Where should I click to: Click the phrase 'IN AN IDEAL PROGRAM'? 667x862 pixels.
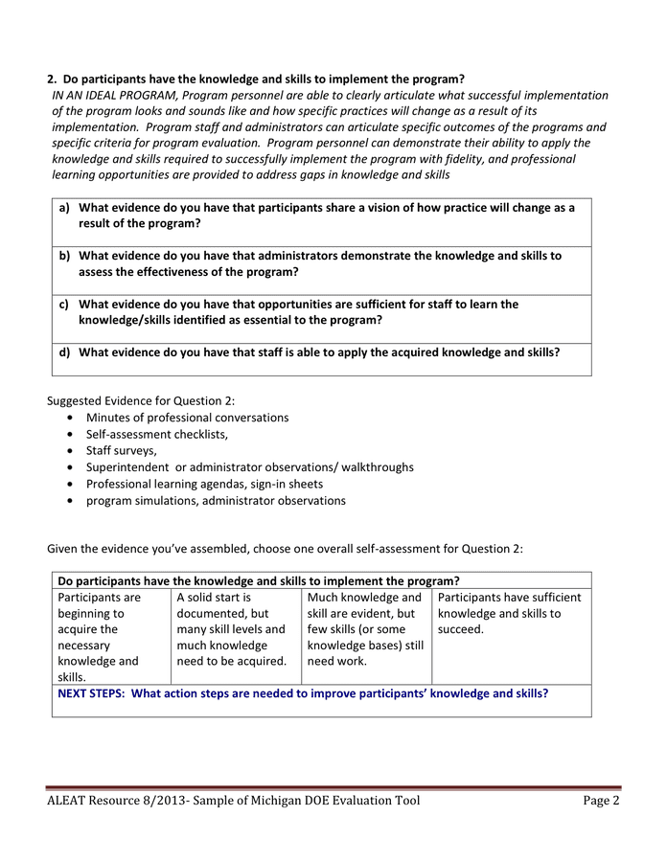(x=115, y=95)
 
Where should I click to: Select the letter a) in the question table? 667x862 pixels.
(x=64, y=207)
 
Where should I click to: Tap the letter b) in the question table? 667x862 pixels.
(x=64, y=256)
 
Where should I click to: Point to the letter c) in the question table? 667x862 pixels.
(x=64, y=304)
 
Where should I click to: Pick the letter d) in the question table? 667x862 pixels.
(x=64, y=352)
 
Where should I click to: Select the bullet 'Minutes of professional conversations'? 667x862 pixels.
(x=187, y=418)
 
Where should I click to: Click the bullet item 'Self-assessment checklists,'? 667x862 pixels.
(x=157, y=434)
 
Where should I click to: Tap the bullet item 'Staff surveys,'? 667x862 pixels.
(x=122, y=450)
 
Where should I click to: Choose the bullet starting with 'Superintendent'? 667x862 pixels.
(x=249, y=466)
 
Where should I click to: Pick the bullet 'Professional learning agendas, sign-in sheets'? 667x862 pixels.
(x=204, y=484)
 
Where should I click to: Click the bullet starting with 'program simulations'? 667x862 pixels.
(x=216, y=500)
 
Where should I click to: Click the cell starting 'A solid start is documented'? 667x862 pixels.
(x=231, y=628)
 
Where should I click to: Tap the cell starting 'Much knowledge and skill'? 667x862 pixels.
(x=365, y=628)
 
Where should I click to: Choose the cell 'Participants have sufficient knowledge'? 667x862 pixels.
(x=509, y=613)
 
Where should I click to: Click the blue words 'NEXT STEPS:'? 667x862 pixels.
(x=90, y=693)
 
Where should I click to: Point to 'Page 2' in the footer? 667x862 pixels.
(x=601, y=801)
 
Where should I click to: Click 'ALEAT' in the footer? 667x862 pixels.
(x=69, y=801)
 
